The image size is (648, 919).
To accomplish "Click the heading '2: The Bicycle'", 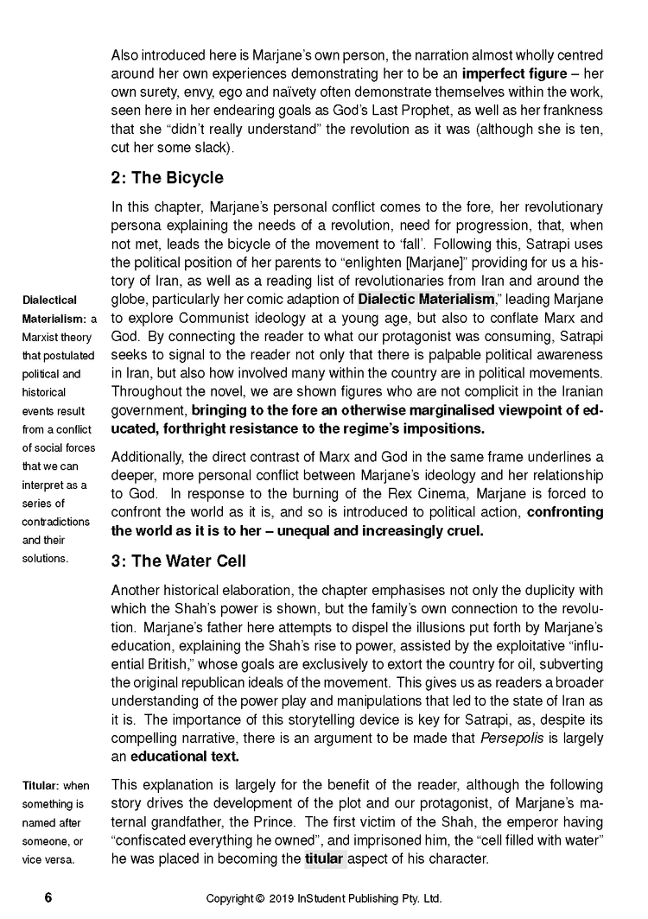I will tap(167, 178).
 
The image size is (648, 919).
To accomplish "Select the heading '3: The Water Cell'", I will tap(178, 561).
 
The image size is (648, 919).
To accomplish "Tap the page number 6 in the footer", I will tap(48, 898).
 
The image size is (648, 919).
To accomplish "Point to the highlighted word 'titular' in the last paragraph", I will tap(325, 859).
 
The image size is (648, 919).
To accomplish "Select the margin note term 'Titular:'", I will tap(42, 785).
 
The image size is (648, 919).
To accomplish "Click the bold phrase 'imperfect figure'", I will tap(511, 73).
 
